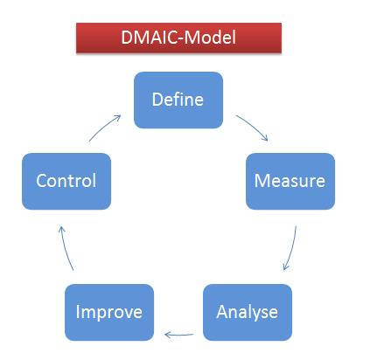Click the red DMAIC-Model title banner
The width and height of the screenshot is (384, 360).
(x=178, y=38)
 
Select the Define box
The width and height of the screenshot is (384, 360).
(x=178, y=100)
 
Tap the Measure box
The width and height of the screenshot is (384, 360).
(x=290, y=181)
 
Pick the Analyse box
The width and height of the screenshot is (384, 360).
(x=248, y=312)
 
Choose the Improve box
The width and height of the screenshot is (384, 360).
(x=109, y=312)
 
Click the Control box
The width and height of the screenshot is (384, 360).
(x=66, y=181)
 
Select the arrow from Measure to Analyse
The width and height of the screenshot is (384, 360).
(x=292, y=248)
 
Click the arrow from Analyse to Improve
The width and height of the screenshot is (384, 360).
(x=178, y=335)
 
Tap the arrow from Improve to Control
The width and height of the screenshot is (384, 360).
(x=65, y=247)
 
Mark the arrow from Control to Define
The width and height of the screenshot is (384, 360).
(x=103, y=127)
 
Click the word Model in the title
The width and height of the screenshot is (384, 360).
(x=210, y=38)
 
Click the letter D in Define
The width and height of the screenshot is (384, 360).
(x=157, y=100)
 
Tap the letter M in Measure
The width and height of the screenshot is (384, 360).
(x=261, y=181)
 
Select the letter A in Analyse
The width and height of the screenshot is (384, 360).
(x=222, y=312)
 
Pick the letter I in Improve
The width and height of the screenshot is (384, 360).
(x=78, y=312)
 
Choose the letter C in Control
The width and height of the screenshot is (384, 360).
(x=41, y=181)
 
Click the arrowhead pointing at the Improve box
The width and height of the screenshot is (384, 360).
(x=168, y=335)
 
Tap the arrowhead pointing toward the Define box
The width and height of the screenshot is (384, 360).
(x=117, y=117)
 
